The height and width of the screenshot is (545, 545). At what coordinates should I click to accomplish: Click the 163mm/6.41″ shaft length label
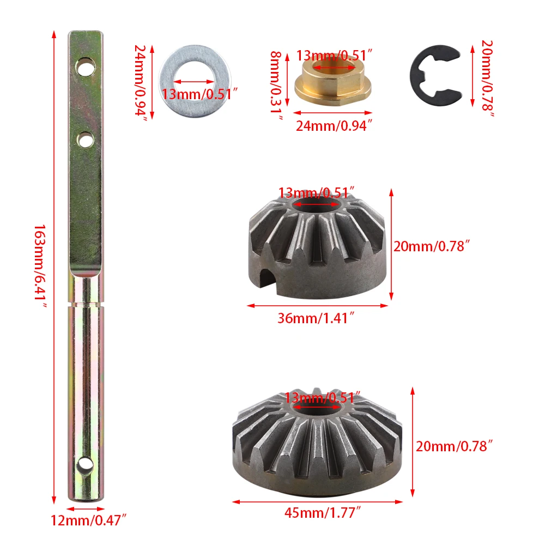pyautogui.click(x=40, y=266)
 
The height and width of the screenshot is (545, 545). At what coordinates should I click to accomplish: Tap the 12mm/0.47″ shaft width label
pyautogui.click(x=89, y=520)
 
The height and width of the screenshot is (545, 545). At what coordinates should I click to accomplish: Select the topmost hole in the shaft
pyautogui.click(x=85, y=66)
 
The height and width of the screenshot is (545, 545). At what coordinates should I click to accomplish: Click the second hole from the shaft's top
pyautogui.click(x=85, y=140)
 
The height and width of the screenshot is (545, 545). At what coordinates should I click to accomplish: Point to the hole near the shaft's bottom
pyautogui.click(x=85, y=465)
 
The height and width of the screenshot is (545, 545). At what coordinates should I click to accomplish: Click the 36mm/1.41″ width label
pyautogui.click(x=316, y=318)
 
